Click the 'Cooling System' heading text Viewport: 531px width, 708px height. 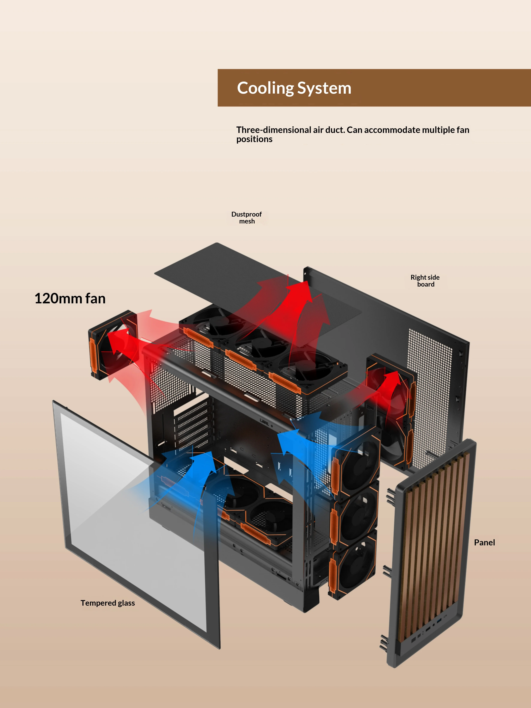tap(294, 88)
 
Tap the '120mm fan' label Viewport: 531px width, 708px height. tap(70, 298)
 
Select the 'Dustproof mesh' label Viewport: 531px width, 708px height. tap(246, 218)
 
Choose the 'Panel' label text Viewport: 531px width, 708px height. tap(484, 543)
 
